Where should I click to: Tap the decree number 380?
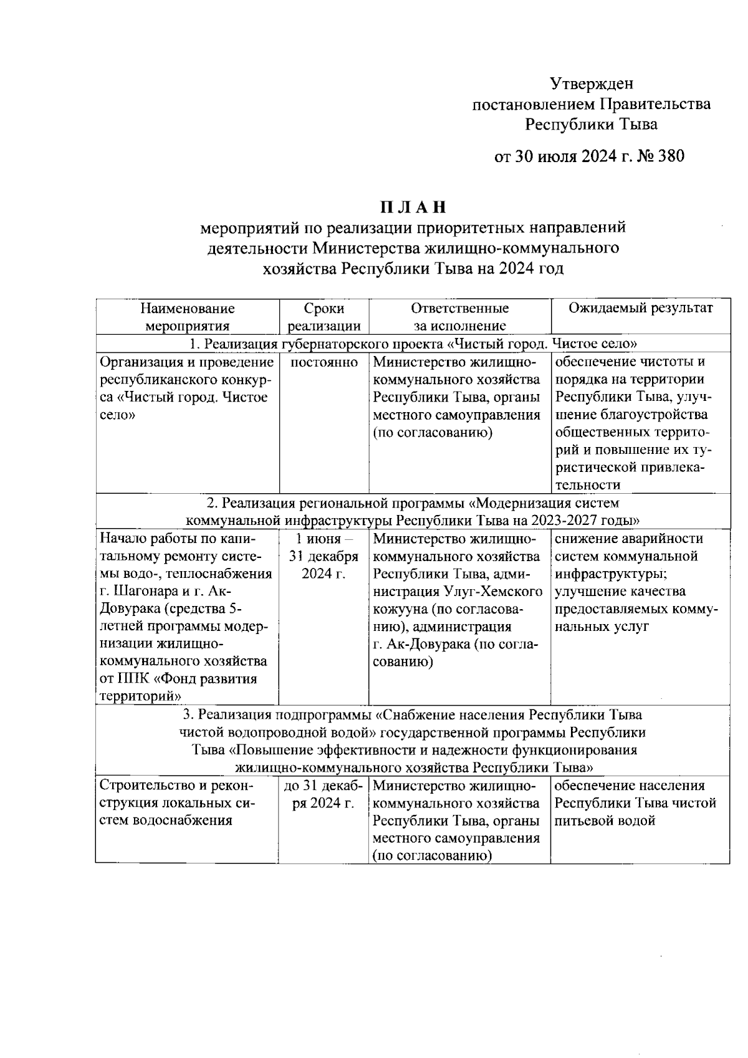click(669, 156)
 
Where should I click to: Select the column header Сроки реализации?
click(324, 317)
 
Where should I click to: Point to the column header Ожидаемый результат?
click(640, 308)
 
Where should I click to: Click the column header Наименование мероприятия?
click(187, 317)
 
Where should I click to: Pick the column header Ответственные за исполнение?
click(459, 317)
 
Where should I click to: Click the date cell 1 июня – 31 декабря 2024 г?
click(324, 556)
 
